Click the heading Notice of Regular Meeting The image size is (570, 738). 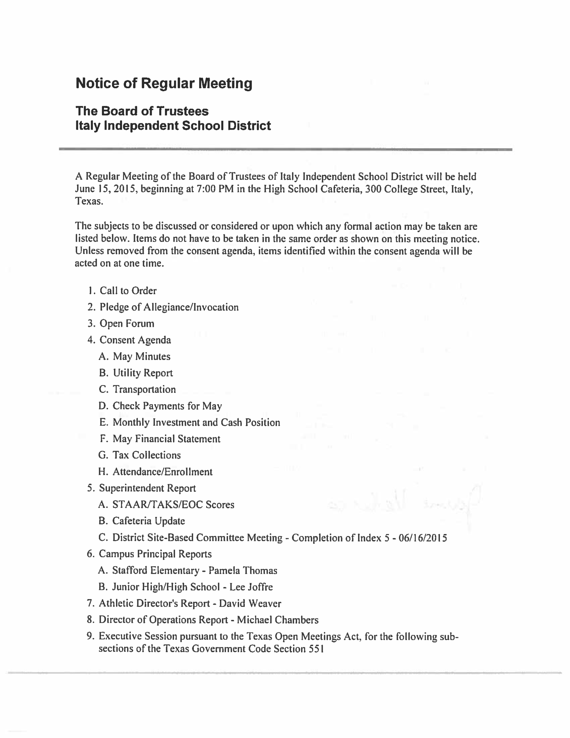tap(164, 83)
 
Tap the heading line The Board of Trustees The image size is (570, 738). tap(142, 111)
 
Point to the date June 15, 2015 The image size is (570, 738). tap(105, 189)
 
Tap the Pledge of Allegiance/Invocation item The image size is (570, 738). tap(169, 307)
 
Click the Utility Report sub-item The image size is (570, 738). tap(143, 373)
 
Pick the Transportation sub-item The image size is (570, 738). tap(144, 390)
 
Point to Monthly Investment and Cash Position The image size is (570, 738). tap(196, 423)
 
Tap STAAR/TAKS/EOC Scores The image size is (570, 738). tap(173, 505)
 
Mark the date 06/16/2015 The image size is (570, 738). tap(423, 538)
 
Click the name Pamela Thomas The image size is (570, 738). tap(243, 571)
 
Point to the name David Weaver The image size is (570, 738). tap(250, 604)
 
